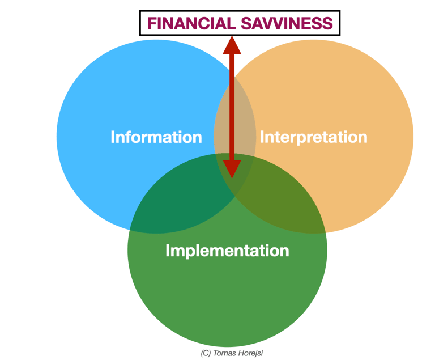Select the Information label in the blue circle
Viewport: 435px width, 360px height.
click(156, 137)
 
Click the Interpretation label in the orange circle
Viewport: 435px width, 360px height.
click(313, 137)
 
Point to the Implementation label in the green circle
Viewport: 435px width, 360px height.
click(227, 251)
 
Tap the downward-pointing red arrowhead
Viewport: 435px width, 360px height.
click(232, 168)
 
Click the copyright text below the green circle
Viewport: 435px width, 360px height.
click(232, 353)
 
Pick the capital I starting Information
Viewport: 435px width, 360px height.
click(113, 137)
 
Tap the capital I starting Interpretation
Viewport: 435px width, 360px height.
click(262, 137)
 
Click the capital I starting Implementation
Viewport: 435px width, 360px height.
click(168, 251)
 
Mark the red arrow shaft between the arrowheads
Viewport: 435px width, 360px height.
click(232, 108)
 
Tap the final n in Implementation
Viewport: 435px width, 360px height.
click(284, 251)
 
